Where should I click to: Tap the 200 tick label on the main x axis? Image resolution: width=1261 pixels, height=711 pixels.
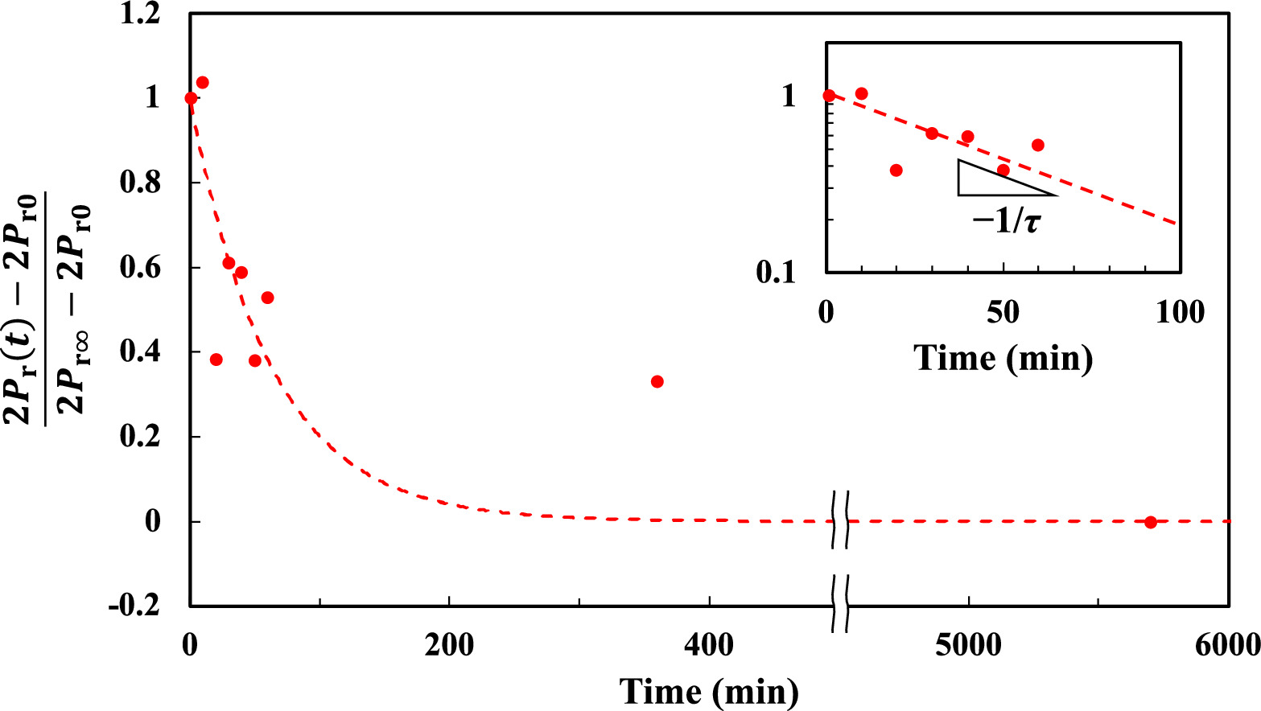tap(448, 645)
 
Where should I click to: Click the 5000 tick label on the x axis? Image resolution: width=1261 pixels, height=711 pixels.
tap(968, 645)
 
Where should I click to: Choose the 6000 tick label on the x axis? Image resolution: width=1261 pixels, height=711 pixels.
tap(1226, 645)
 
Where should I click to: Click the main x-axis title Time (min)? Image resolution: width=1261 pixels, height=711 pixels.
tap(709, 692)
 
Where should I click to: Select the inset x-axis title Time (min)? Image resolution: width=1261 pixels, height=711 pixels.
tap(1003, 358)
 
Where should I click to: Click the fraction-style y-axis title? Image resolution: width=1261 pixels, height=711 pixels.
tap(47, 310)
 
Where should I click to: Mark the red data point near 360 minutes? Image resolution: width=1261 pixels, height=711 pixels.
tap(657, 381)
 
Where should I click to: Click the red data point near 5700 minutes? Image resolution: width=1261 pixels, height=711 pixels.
tap(1150, 522)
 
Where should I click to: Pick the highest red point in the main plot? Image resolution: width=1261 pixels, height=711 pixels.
tap(203, 83)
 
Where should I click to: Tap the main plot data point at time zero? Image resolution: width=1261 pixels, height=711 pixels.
tap(191, 98)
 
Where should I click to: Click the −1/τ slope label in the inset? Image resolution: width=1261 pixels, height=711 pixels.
tap(1006, 220)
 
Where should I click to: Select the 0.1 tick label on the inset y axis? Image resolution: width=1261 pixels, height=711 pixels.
tap(775, 273)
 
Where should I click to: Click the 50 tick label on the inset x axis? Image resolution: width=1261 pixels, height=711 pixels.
tap(1003, 312)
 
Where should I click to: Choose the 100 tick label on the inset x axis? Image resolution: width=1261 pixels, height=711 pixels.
tap(1180, 312)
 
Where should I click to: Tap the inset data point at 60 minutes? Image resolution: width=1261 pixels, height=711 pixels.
tap(1038, 145)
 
